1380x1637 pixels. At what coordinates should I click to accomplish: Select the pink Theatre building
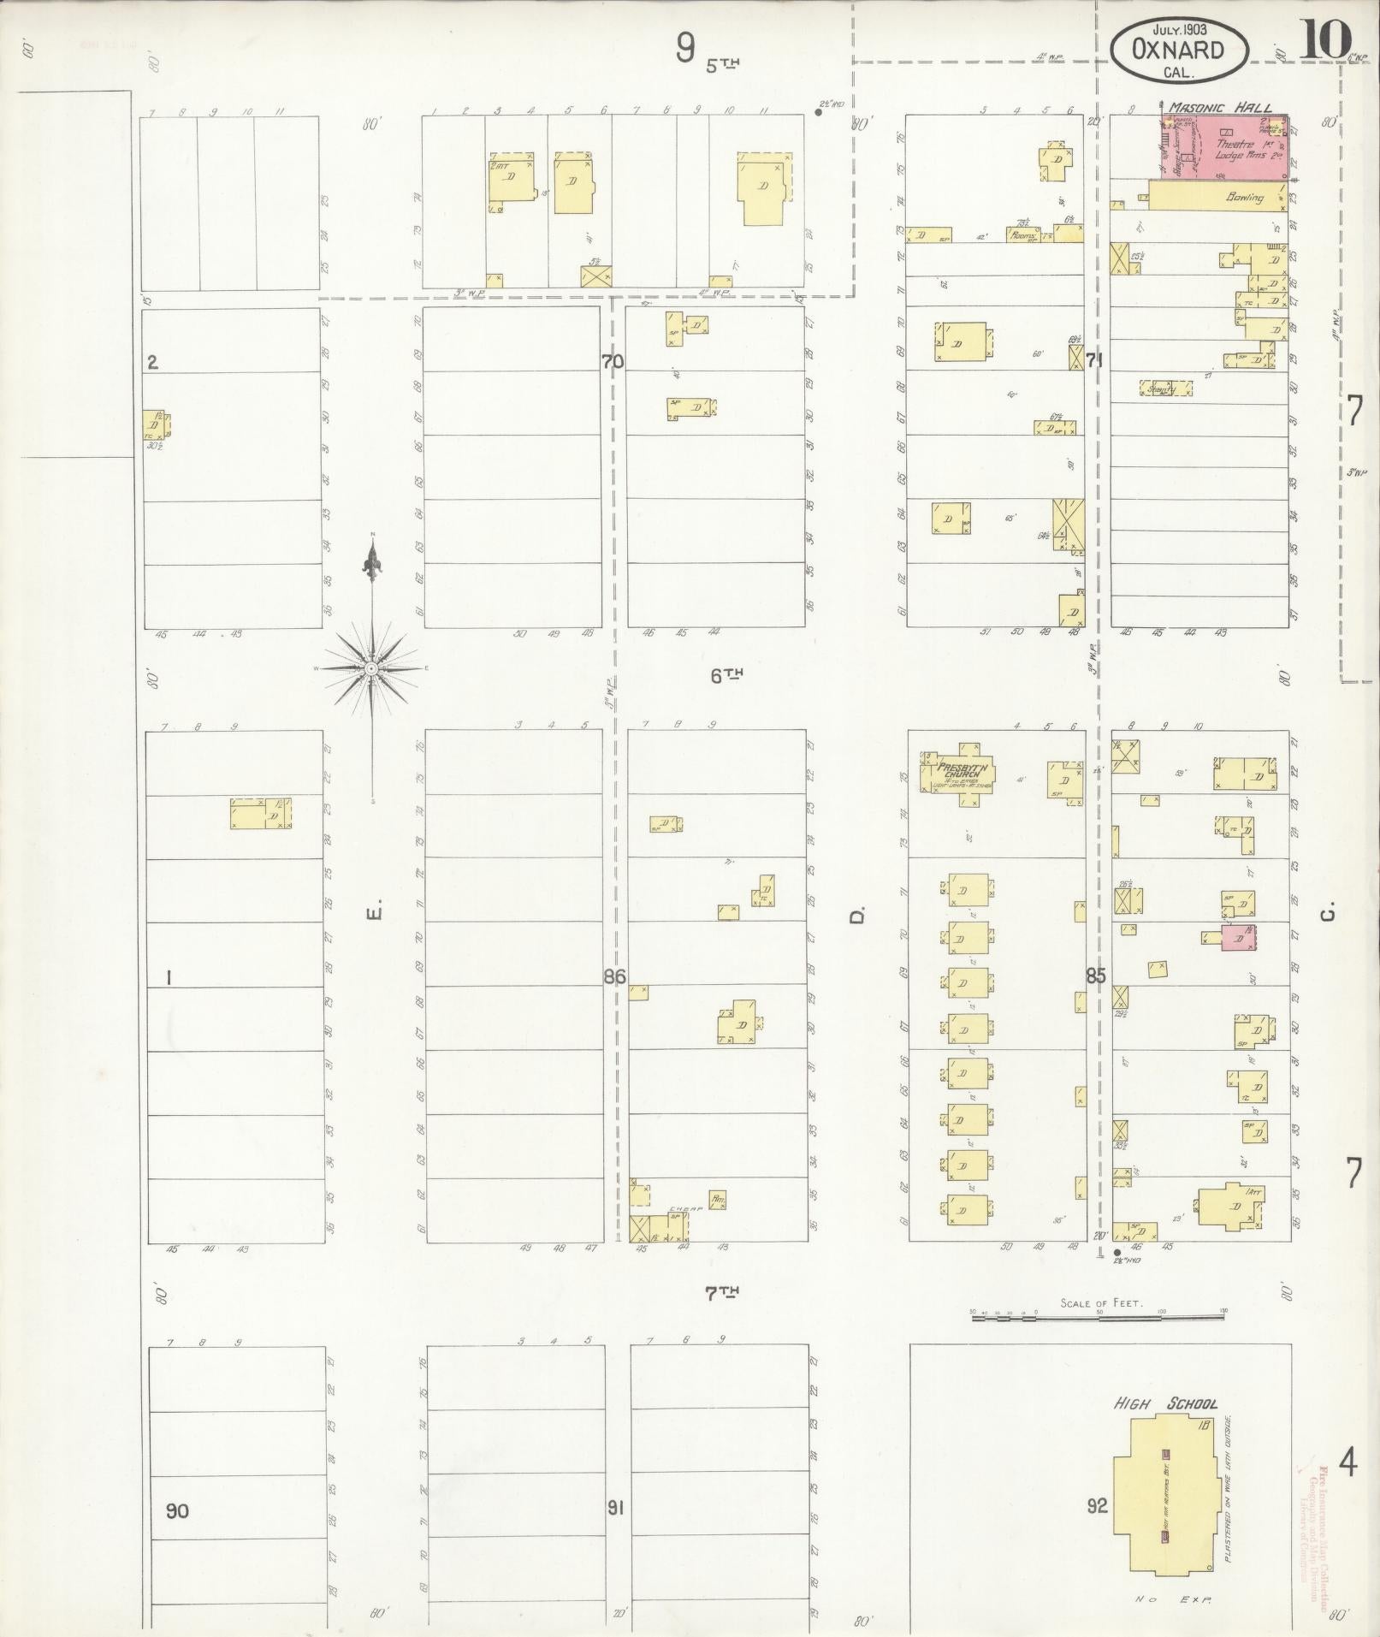1232,148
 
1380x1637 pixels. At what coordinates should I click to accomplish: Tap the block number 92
1097,1505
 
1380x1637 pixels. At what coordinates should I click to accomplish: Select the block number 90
177,1510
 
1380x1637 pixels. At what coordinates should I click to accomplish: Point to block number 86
614,976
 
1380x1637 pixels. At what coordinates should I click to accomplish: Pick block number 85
1096,975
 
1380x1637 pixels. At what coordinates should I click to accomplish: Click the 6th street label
726,675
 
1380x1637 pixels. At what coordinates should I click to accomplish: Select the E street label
372,915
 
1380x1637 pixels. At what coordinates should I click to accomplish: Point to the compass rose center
371,667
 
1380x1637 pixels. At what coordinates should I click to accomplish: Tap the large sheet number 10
1324,39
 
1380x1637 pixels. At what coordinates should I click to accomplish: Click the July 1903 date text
1177,28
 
